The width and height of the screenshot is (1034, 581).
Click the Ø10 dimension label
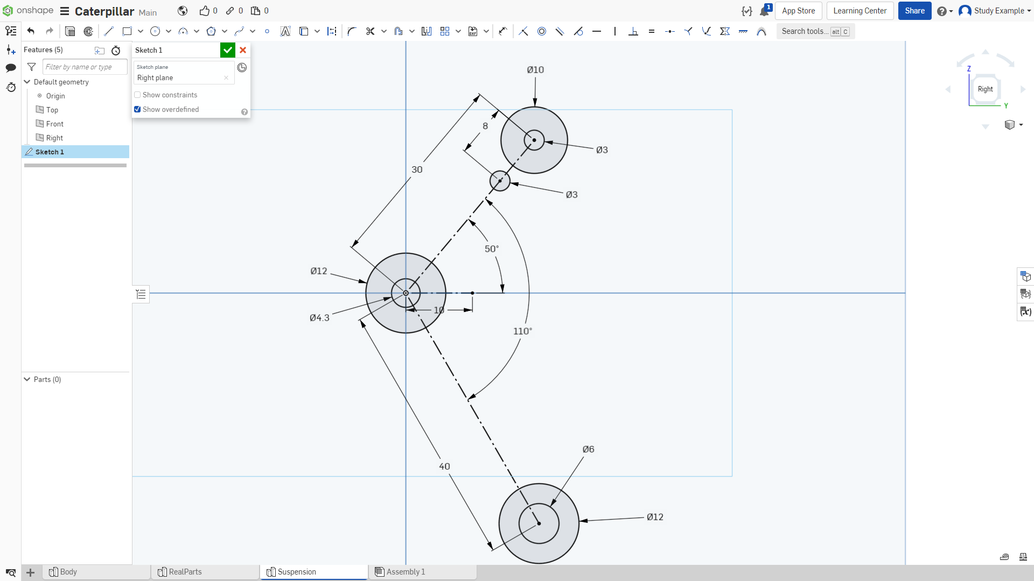point(535,70)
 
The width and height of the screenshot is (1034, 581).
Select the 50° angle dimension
point(492,249)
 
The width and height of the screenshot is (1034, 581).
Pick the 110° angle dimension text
point(522,331)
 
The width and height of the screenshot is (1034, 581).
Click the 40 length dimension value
point(444,466)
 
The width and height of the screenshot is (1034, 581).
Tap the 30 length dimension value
point(417,169)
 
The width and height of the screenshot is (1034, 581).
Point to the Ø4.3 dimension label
point(319,318)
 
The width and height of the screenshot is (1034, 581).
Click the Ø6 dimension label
point(589,449)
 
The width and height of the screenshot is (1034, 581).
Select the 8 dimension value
point(485,126)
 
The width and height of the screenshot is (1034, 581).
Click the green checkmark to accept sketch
point(228,50)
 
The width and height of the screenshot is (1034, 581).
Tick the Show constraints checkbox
point(137,95)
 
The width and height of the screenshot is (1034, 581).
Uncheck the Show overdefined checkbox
point(137,109)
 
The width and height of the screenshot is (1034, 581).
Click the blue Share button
point(914,11)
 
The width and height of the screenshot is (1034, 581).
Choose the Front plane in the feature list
point(55,124)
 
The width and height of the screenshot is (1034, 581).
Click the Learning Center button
point(860,11)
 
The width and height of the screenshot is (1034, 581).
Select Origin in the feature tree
point(55,96)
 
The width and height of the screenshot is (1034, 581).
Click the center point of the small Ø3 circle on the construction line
point(500,181)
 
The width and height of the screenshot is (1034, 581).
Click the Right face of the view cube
point(986,89)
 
